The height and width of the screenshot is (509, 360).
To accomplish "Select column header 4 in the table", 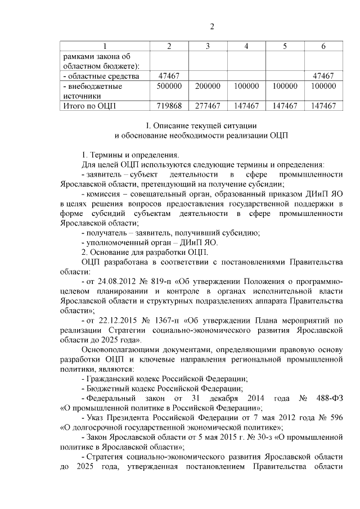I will tap(246, 46).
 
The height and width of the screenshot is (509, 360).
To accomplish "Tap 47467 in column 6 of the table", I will tap(323, 75).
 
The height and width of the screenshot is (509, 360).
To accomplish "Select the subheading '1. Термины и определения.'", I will tap(130, 155).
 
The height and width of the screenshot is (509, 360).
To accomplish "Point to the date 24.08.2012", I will tap(118, 280).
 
